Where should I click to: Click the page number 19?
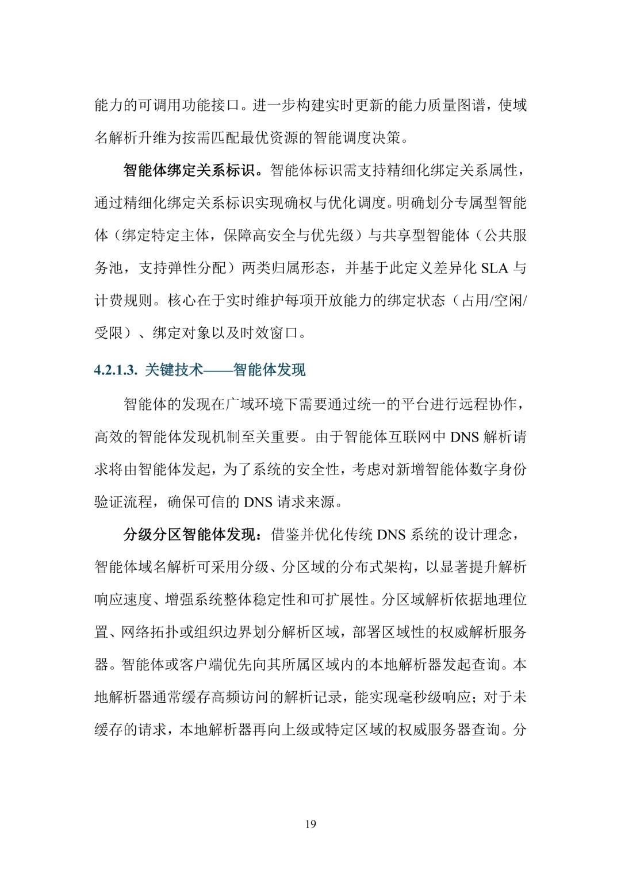coord(310,824)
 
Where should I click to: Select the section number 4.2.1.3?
coord(116,370)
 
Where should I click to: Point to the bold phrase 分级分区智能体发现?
coord(189,535)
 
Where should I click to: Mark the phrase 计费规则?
coord(124,301)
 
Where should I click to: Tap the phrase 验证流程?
coord(124,502)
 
